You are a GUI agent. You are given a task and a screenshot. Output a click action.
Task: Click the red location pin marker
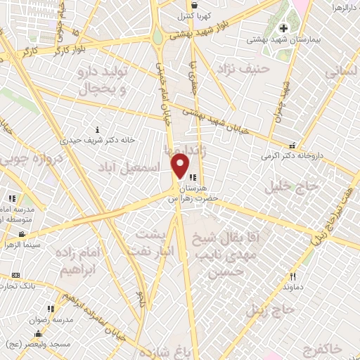[181, 167]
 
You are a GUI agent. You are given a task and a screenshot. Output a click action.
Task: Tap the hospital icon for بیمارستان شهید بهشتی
[283, 28]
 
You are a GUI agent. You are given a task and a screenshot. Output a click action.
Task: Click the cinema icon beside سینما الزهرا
[22, 234]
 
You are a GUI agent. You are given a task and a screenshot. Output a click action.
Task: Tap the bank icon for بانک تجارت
[16, 275]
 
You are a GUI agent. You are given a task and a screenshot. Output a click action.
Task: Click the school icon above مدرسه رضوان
[49, 308]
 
